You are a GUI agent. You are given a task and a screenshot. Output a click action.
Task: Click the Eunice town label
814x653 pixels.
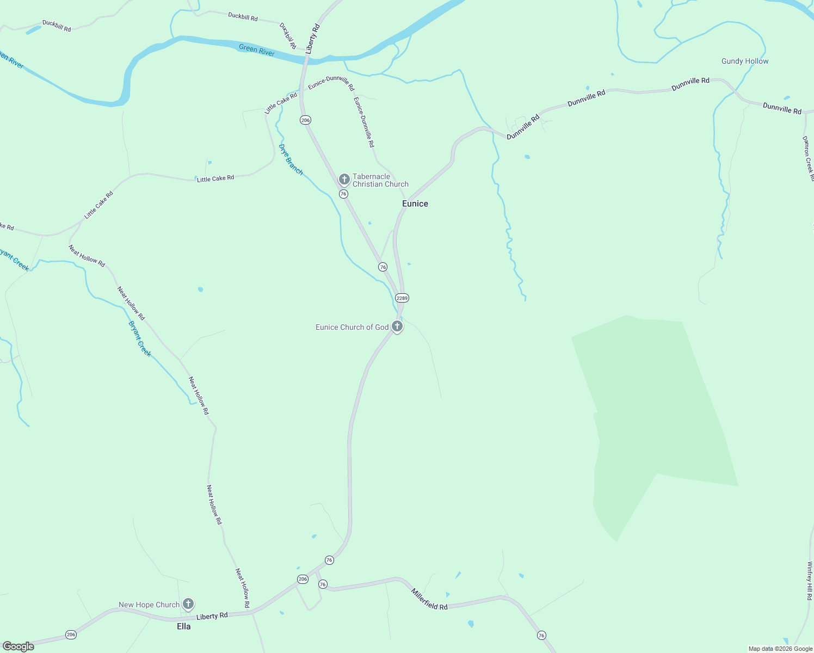pyautogui.click(x=415, y=204)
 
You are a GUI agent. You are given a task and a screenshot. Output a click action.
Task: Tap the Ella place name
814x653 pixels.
pyautogui.click(x=184, y=626)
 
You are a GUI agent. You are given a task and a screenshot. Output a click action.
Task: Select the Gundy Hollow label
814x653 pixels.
pyautogui.click(x=745, y=61)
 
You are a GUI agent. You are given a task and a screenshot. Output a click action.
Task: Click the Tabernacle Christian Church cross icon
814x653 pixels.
pyautogui.click(x=344, y=179)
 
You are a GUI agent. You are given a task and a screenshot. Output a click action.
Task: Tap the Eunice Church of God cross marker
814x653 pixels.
pyautogui.click(x=397, y=326)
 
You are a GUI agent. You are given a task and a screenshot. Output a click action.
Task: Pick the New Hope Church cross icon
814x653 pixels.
pyautogui.click(x=188, y=604)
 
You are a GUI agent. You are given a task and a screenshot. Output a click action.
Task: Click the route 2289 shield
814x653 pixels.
pyautogui.click(x=402, y=298)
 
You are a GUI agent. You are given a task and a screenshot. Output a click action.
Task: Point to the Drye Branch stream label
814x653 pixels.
pyautogui.click(x=291, y=159)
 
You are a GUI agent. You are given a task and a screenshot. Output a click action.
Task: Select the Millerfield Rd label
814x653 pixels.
pyautogui.click(x=429, y=599)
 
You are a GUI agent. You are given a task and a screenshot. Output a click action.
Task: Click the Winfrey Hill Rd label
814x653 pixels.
pyautogui.click(x=810, y=581)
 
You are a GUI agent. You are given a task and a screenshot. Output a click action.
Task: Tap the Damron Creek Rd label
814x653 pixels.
pyautogui.click(x=808, y=158)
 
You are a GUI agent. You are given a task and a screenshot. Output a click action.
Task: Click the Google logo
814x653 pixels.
pyautogui.click(x=18, y=646)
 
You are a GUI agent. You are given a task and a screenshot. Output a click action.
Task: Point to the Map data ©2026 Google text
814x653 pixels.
pyautogui.click(x=780, y=649)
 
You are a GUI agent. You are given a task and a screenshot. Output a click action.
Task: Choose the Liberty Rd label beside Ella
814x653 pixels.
pyautogui.click(x=212, y=616)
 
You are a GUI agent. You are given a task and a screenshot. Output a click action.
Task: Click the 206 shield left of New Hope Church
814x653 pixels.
pyautogui.click(x=71, y=634)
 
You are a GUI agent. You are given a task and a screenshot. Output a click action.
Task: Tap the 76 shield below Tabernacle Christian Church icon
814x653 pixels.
pyautogui.click(x=343, y=194)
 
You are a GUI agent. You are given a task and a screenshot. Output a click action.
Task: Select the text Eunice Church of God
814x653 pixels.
pyautogui.click(x=352, y=327)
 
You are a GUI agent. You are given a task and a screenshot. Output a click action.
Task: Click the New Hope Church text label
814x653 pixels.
pyautogui.click(x=149, y=605)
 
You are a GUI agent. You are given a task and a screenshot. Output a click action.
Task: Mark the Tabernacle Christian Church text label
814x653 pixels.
pyautogui.click(x=380, y=180)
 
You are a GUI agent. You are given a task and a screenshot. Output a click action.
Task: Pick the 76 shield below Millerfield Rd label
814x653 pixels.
pyautogui.click(x=541, y=636)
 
